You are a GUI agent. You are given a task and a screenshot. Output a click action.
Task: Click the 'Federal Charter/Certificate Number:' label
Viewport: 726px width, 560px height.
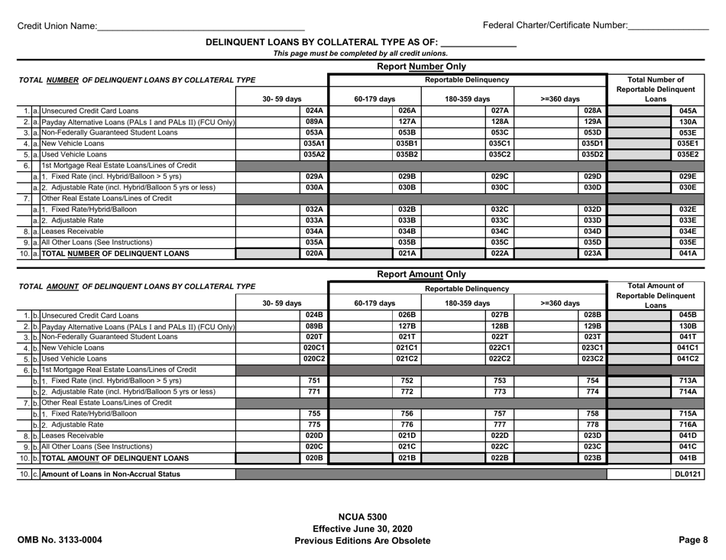click(x=556, y=26)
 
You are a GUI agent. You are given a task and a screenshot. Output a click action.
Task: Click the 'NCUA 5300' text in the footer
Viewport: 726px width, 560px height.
click(x=362, y=516)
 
